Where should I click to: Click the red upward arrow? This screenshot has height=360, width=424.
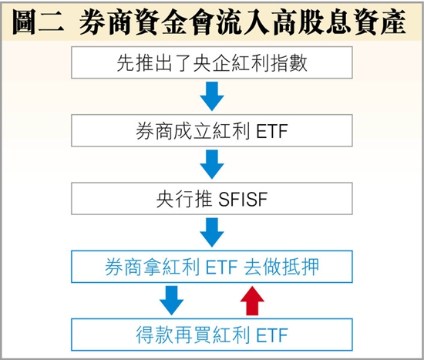coord(252,301)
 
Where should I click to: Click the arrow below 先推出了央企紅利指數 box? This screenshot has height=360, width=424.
coord(212,96)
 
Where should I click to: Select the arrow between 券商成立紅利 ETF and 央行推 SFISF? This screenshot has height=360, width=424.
coord(212,164)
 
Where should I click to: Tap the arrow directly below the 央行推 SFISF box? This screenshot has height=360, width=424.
coord(212,232)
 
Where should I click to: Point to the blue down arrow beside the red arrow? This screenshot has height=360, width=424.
coord(171,301)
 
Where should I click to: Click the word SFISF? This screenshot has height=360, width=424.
coord(243,200)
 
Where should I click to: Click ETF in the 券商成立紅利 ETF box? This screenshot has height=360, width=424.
coord(272,131)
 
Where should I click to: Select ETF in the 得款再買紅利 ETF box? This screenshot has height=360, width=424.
coord(272,335)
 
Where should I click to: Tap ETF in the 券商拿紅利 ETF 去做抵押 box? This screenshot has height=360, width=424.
coord(222,267)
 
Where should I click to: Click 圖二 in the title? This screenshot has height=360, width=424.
coord(38,22)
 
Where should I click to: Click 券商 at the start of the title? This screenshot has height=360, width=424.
coord(106,22)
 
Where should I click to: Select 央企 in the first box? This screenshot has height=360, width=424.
coord(212,63)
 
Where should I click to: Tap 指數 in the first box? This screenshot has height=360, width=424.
coord(289,63)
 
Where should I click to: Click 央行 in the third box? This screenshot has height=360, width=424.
coord(175,200)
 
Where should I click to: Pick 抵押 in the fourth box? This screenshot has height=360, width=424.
coord(301,267)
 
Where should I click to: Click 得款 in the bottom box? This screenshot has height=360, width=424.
coord(154,335)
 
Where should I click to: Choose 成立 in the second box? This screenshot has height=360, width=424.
coord(193,131)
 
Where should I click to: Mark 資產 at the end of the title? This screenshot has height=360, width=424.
coord(380,22)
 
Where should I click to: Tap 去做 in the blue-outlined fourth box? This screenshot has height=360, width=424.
coord(262,267)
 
